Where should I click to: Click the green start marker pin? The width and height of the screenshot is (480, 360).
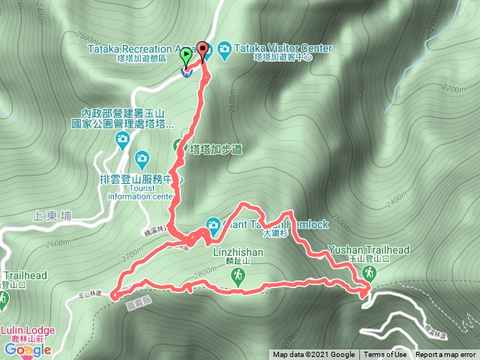pos(185,55)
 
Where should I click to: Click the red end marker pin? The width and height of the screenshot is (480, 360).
pos(202,49)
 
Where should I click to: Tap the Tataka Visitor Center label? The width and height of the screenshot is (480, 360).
pos(283,48)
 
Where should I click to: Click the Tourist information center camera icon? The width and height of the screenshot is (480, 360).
pos(142,158)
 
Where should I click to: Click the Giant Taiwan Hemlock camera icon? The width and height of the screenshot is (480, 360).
pos(213,224)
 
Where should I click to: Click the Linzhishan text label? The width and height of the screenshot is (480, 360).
pos(237,253)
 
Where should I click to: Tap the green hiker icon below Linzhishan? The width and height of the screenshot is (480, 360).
pos(238,277)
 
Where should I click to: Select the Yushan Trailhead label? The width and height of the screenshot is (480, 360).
pos(369,250)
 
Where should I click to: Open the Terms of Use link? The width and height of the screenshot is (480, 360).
pos(385,355)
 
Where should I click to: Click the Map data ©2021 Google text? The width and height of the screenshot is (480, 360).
pos(313,355)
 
